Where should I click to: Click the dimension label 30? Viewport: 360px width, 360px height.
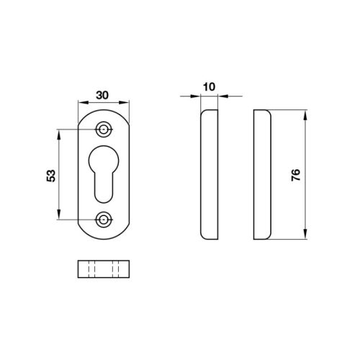tap(102, 95)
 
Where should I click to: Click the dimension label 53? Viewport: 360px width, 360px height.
tap(51, 176)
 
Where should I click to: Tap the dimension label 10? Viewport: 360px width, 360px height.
tap(210, 87)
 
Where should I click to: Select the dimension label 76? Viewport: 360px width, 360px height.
tap(296, 175)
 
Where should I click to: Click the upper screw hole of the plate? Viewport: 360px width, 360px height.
tap(104, 130)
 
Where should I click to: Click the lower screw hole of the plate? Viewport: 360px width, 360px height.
tap(104, 220)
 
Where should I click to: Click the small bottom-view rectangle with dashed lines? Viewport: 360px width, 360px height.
tap(104, 269)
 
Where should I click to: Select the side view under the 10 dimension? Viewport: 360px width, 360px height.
tap(210, 174)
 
